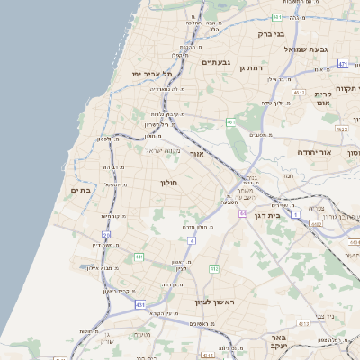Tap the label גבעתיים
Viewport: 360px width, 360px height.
[217, 62]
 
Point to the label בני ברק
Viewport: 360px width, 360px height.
[271, 34]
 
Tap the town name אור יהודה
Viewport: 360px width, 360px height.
[314, 152]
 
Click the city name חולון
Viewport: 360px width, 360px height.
[169, 183]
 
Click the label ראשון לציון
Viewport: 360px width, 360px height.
[215, 301]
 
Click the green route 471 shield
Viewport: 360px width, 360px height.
[343, 64]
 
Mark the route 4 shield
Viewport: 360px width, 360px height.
[193, 240]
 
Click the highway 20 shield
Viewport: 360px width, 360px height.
[106, 235]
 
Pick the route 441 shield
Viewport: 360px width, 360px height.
[139, 256]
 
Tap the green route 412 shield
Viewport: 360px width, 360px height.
[213, 268]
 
